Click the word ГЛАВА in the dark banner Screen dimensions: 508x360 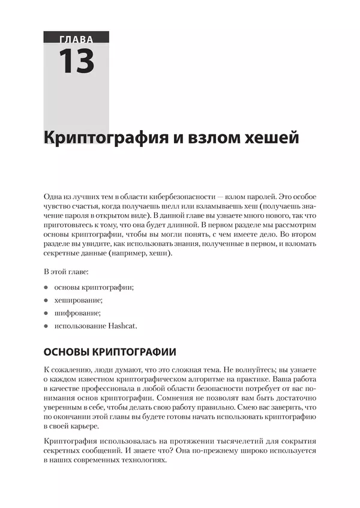pos(76,40)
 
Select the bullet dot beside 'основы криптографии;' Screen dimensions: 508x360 pos(46,287)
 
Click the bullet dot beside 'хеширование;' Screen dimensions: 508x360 pos(46,300)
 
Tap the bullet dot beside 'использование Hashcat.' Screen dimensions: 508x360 pos(46,326)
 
